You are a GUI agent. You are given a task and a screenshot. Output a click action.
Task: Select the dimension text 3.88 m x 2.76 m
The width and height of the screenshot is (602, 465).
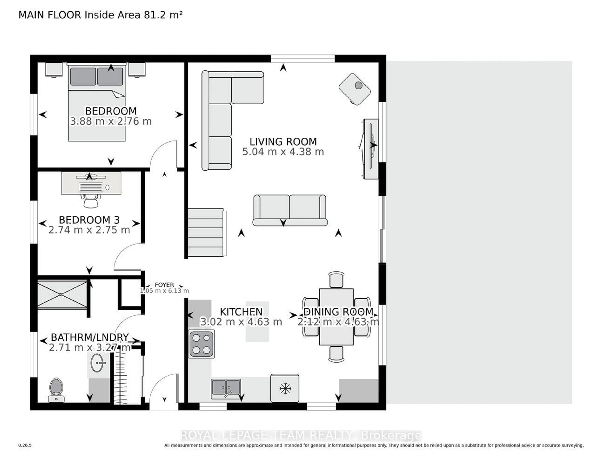tap(111, 121)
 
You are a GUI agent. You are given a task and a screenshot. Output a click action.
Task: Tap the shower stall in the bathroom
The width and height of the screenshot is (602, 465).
tap(62, 294)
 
